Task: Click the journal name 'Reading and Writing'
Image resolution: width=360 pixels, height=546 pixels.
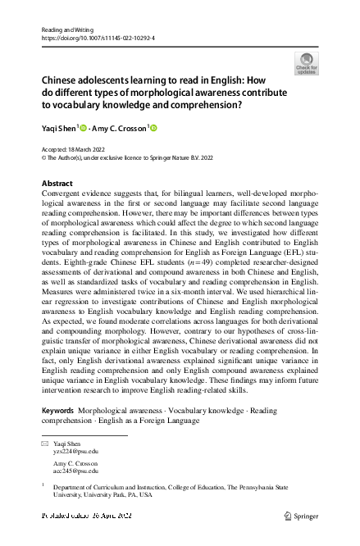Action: click(62, 30)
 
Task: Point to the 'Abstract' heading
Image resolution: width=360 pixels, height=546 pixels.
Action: click(57, 182)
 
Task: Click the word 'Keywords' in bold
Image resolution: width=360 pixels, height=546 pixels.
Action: click(58, 409)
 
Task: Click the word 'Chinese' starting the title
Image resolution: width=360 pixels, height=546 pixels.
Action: click(60, 81)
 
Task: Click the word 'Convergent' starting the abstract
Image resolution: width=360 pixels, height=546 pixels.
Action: click(62, 193)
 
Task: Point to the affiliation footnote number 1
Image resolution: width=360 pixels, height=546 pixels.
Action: click(42, 485)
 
